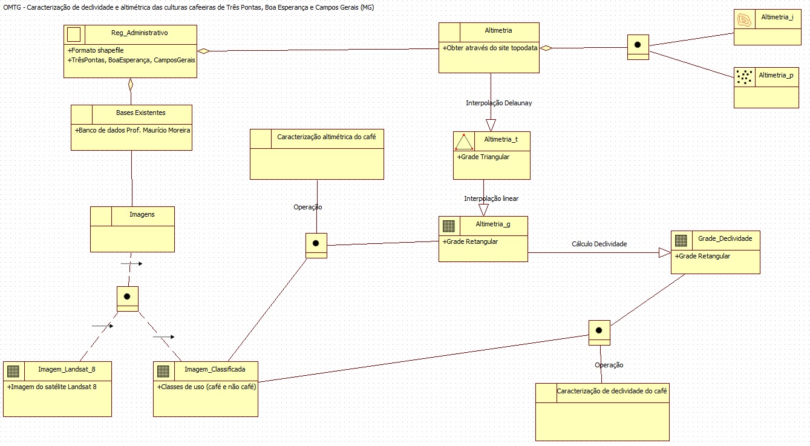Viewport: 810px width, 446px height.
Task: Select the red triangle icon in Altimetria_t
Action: coord(464,142)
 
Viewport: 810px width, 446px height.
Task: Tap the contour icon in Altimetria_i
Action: coord(744,19)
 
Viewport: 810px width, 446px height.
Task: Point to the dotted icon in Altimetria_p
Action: coord(744,76)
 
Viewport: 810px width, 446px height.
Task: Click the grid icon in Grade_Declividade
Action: coord(681,240)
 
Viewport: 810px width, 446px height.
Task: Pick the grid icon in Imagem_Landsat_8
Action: coord(13,371)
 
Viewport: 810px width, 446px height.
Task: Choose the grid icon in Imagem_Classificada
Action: coord(163,371)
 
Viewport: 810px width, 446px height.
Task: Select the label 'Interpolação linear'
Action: coord(491,198)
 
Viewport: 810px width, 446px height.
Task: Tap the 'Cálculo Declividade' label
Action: coord(599,244)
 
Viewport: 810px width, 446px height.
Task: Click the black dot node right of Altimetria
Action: coord(638,45)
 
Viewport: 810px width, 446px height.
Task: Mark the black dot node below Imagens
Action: coord(127,297)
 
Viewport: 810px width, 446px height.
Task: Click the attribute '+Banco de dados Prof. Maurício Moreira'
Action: coord(132,130)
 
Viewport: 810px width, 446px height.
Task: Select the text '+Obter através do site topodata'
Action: coord(489,48)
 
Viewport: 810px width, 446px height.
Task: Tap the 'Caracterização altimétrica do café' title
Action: coord(326,137)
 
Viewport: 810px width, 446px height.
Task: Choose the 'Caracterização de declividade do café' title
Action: coord(612,391)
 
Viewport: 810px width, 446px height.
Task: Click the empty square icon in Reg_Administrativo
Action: coord(74,33)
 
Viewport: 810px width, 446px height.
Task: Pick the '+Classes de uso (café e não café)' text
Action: coord(207,386)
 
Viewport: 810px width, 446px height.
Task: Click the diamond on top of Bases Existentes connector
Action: coord(130,84)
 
